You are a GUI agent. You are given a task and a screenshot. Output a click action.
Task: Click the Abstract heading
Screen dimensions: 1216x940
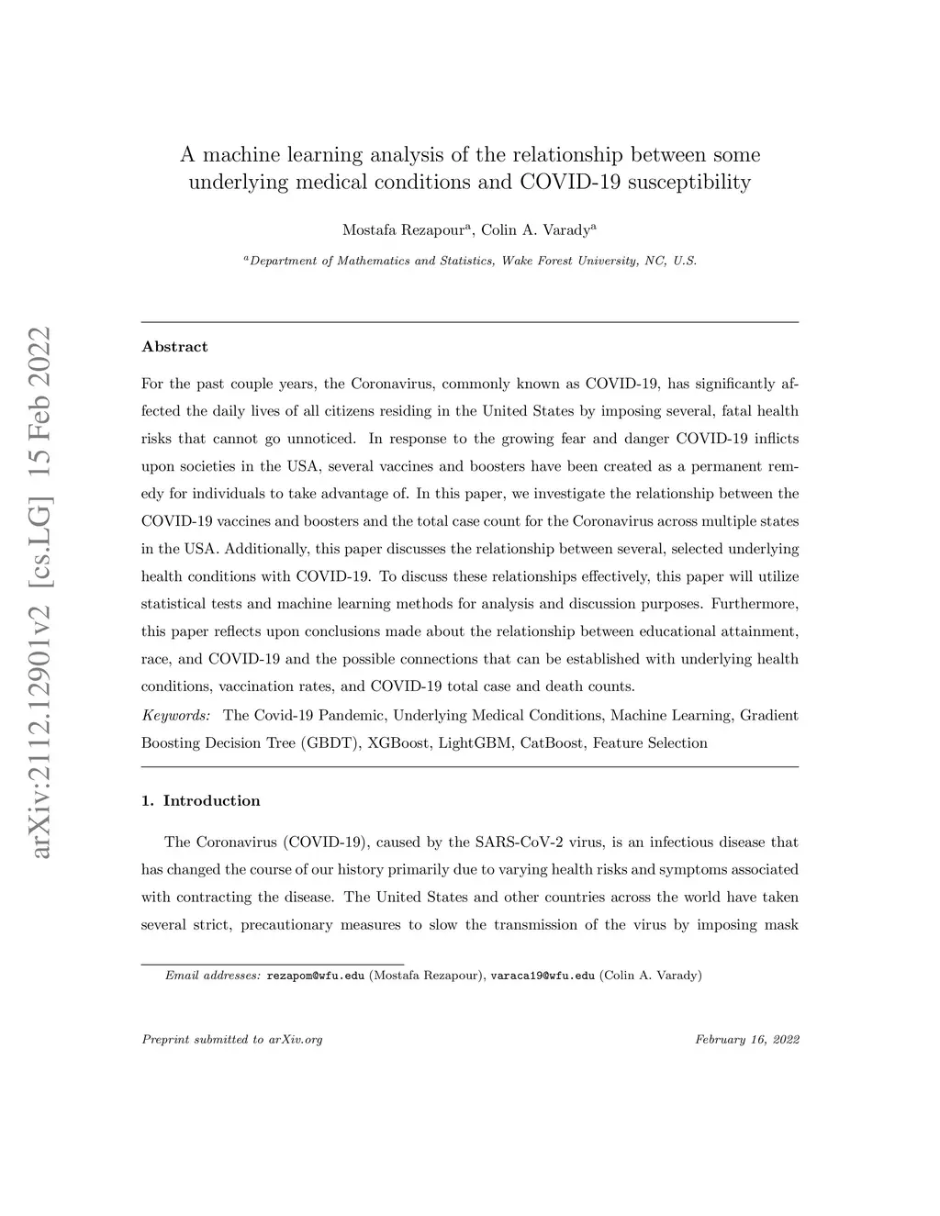174,347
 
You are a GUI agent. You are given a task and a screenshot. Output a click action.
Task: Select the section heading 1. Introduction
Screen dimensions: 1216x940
201,801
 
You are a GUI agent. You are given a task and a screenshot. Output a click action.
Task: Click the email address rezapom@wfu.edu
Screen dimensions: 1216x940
315,976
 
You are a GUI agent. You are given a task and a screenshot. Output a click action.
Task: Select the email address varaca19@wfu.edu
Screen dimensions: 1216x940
543,976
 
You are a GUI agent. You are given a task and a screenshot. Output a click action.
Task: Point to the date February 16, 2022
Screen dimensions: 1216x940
746,1040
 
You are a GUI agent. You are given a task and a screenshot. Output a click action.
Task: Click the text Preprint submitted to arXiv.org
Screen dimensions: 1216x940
232,1040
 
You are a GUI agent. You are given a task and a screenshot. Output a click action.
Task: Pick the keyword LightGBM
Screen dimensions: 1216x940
474,743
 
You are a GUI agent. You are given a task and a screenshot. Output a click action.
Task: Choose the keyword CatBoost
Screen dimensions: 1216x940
551,743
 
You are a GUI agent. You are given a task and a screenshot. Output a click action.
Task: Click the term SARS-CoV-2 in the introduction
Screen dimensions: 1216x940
519,842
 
